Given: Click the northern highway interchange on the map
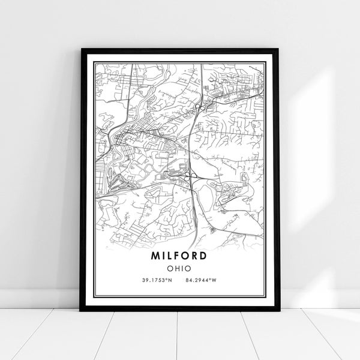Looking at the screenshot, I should (198, 107).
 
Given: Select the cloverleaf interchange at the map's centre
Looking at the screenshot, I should (191, 175).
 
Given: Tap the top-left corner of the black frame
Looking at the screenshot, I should (81, 50).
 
